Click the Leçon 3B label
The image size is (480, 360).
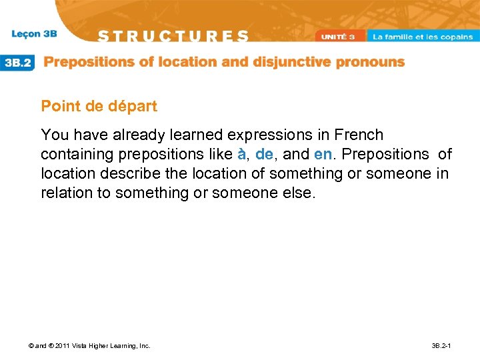34,34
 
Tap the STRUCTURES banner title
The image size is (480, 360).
174,36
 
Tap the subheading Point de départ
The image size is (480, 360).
99,106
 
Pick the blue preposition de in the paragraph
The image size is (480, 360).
264,155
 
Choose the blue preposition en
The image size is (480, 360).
323,155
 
